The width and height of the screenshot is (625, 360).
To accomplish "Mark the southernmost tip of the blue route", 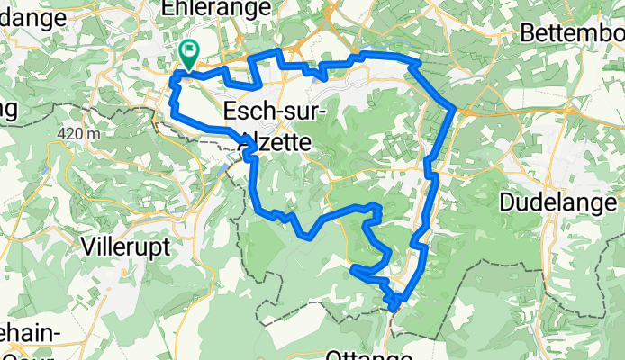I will pos(395,309).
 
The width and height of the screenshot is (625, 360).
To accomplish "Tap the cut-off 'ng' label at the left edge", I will pos(9,109).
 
